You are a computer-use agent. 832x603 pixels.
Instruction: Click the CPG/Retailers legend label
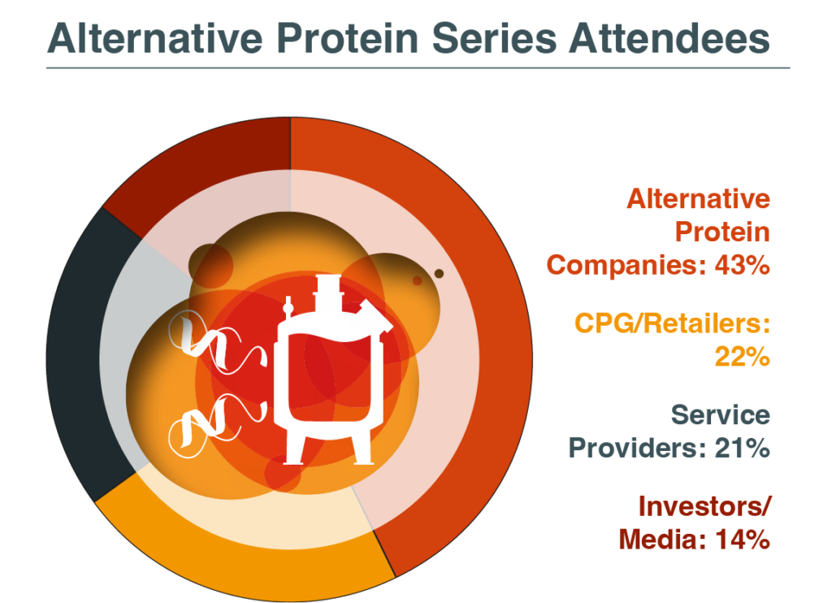point(672,324)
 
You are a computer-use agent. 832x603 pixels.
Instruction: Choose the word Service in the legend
point(720,415)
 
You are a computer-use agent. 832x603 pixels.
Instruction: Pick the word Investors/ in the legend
point(704,506)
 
